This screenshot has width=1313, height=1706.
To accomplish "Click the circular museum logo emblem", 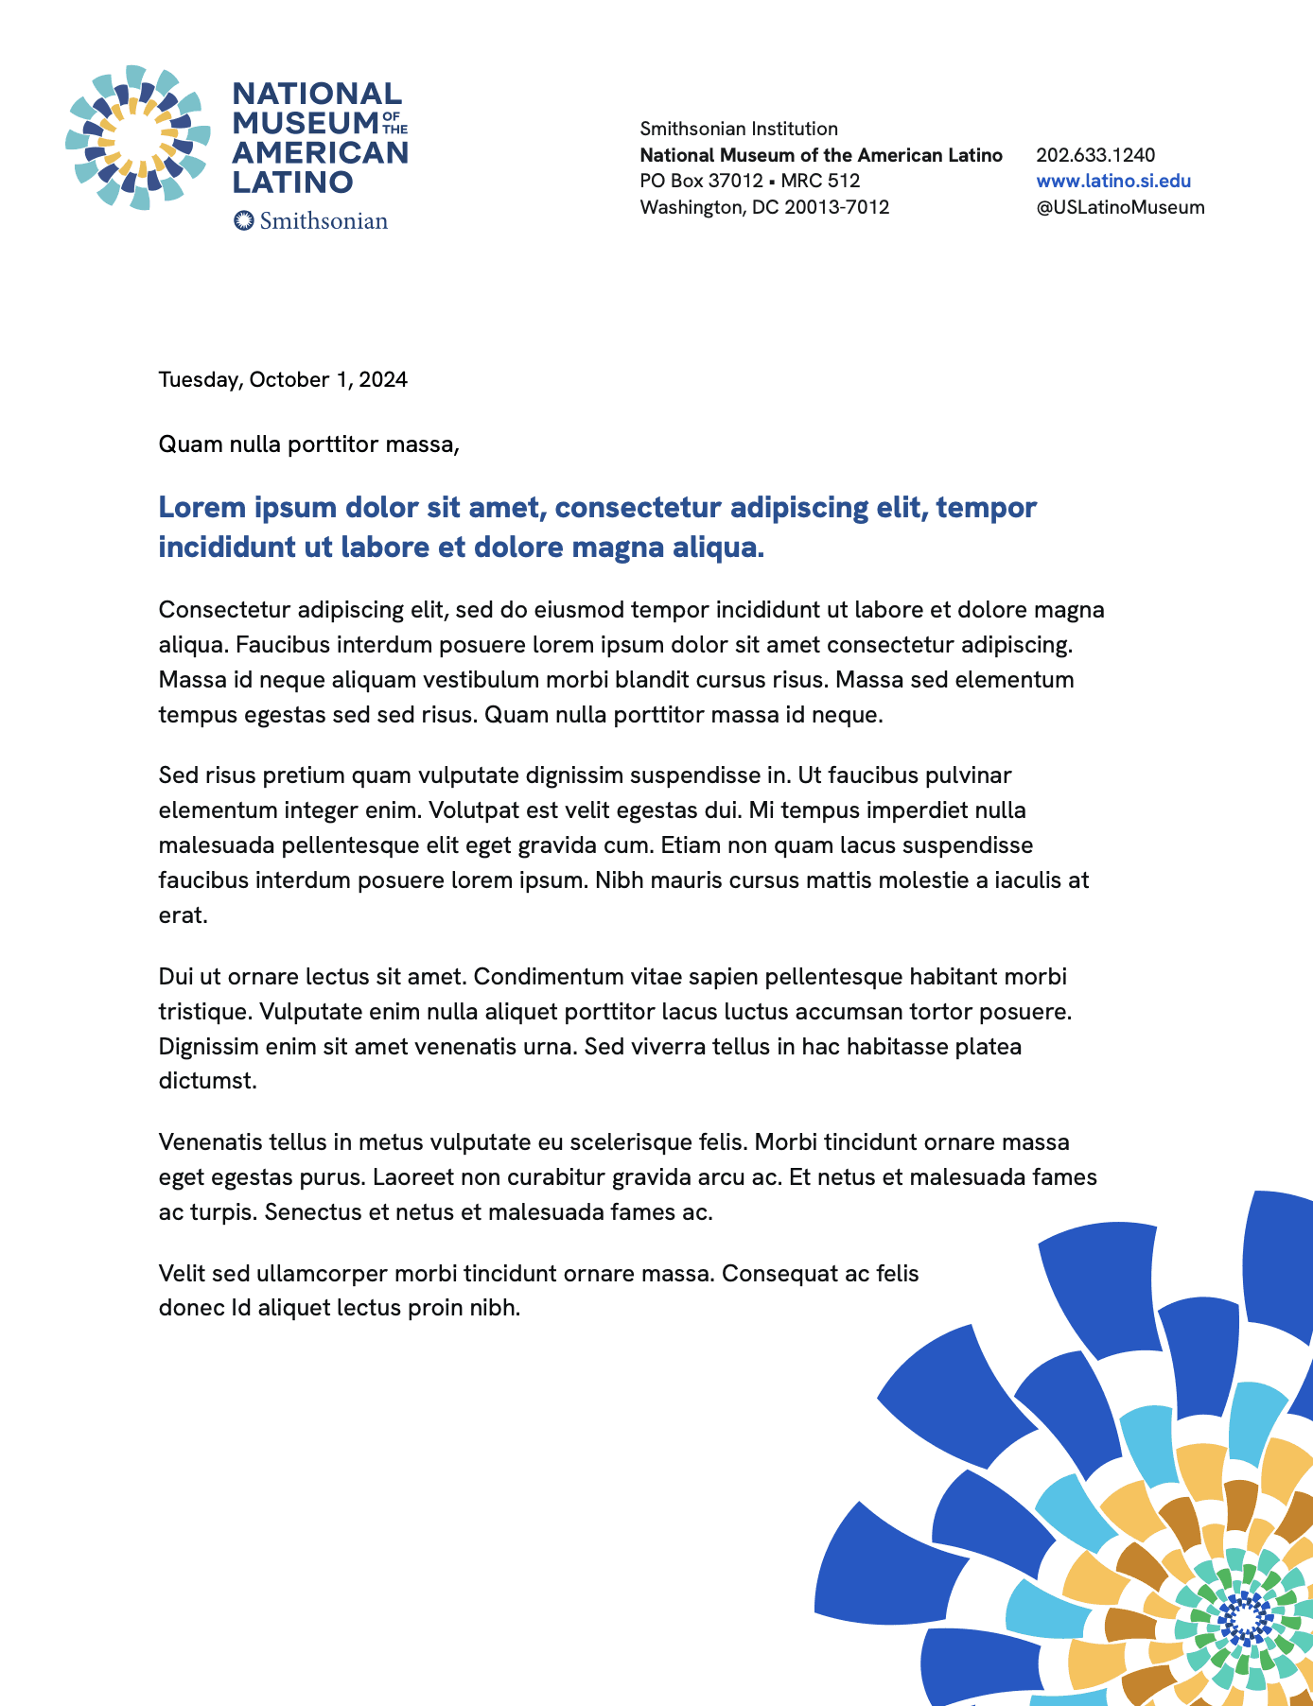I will coord(137,138).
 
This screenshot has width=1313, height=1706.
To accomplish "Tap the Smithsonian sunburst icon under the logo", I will coord(244,220).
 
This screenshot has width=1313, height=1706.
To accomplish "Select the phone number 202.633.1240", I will coord(1095,155).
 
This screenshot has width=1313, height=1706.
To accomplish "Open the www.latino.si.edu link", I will coord(1113,181).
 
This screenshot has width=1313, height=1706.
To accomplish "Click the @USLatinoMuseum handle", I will coord(1120,207).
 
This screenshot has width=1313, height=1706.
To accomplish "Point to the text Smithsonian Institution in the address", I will coord(739,129).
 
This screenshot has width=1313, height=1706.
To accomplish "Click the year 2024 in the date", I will coord(383,380).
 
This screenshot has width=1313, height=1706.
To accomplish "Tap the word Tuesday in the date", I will coord(200,380).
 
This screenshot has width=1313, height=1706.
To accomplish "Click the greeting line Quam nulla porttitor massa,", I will coord(308,444).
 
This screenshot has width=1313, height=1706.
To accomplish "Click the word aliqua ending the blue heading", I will coord(714,548).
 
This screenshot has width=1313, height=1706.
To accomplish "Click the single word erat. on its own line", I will coord(183,915).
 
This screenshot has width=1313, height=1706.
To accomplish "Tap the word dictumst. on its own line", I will coord(207,1081).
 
